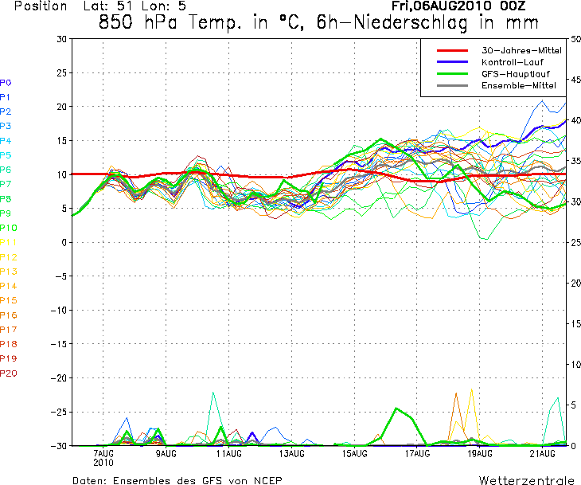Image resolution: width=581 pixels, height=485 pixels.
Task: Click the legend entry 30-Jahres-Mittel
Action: tap(521, 50)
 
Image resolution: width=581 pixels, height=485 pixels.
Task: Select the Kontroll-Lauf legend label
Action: tap(513, 62)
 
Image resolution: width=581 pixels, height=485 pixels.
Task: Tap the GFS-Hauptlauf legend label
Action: tap(516, 74)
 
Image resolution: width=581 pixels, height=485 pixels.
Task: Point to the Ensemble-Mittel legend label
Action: tap(519, 86)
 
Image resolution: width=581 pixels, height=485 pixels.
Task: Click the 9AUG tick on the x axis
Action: tap(166, 453)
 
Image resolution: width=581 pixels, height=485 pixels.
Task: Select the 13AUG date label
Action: tap(291, 453)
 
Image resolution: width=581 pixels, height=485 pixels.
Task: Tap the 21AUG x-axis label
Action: tap(543, 453)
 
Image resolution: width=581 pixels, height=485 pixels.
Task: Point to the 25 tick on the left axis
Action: tap(61, 72)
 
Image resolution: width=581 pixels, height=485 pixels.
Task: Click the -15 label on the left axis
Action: tap(59, 344)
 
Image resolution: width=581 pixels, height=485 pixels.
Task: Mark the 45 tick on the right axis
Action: tap(575, 80)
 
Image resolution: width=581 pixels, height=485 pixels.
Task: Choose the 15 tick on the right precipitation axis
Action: tap(575, 323)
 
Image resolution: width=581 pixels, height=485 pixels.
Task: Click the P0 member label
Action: tap(6, 83)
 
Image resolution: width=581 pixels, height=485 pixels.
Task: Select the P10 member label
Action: tap(9, 228)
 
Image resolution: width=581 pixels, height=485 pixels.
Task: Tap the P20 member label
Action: tap(9, 374)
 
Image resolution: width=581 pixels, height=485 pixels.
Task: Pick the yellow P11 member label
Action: tap(9, 242)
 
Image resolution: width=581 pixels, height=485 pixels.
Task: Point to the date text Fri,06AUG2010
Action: tap(441, 6)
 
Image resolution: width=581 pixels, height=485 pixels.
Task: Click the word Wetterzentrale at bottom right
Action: tap(527, 480)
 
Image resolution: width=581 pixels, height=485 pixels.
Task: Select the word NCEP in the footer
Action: tap(268, 480)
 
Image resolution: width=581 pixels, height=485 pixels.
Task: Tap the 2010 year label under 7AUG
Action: tap(103, 463)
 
